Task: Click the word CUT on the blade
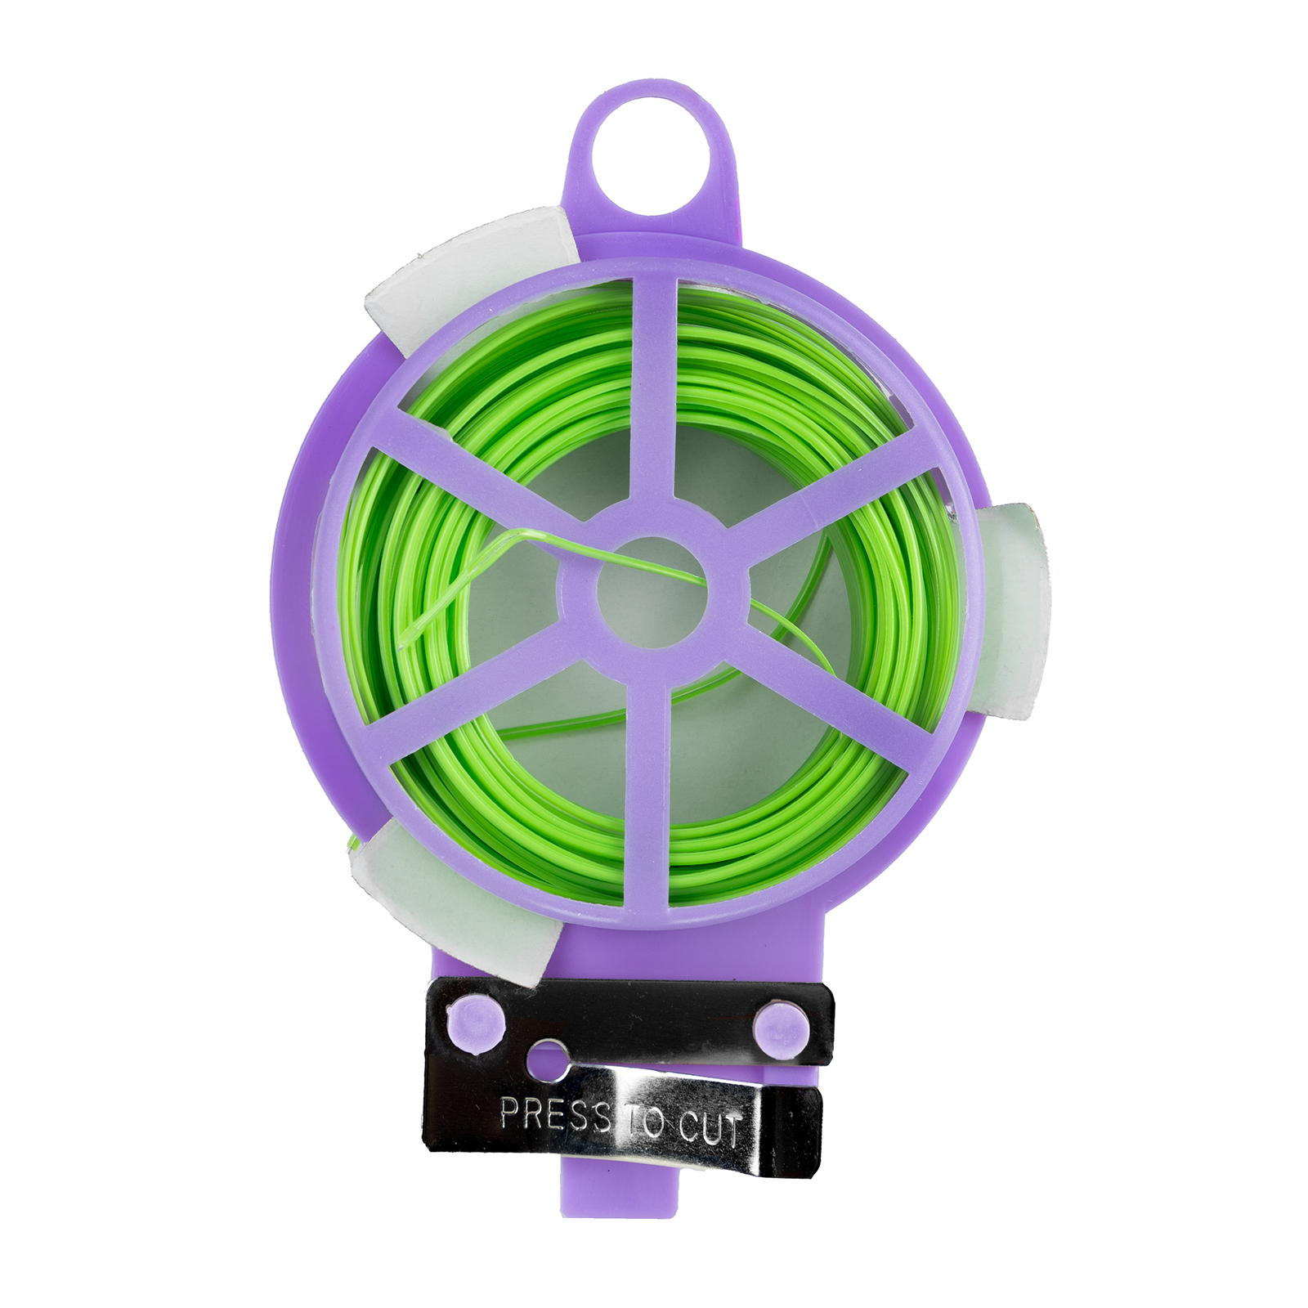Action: tap(710, 1128)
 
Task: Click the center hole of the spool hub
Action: tap(652, 591)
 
